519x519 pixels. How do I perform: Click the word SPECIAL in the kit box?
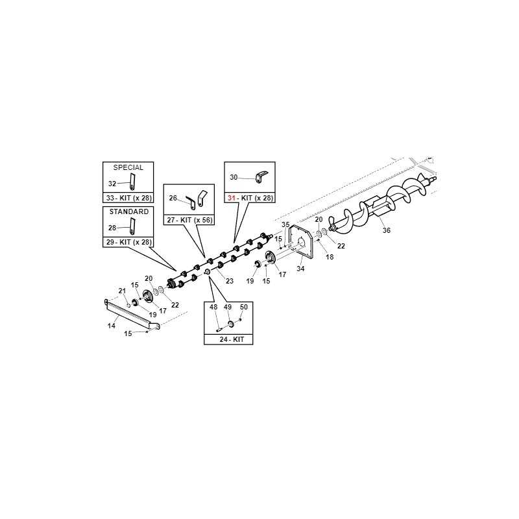(128, 167)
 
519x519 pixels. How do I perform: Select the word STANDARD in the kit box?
(128, 211)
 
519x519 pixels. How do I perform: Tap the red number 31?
(232, 198)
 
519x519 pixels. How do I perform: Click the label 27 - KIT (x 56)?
(189, 220)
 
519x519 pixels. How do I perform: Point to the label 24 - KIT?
(232, 339)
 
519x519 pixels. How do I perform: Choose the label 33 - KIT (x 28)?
(128, 198)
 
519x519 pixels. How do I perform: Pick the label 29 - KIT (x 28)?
(128, 242)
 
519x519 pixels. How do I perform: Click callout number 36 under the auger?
(386, 230)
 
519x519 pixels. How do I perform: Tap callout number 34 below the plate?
(300, 269)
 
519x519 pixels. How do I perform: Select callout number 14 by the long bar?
(112, 326)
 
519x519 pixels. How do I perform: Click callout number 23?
(230, 281)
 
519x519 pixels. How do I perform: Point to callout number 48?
(213, 307)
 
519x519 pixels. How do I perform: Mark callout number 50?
(244, 307)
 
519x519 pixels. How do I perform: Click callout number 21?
(123, 291)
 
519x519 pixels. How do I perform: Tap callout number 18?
(330, 257)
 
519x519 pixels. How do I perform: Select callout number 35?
(285, 224)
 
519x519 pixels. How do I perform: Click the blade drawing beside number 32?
(132, 182)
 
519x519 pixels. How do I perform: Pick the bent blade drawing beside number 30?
(261, 176)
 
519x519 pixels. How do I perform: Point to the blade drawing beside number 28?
(132, 226)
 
